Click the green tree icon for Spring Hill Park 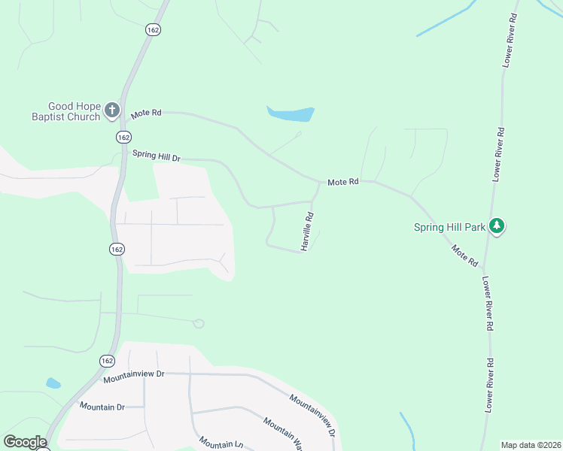[x=496, y=225]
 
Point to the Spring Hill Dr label [x=157, y=156]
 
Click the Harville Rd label [x=307, y=231]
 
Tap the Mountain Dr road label [x=102, y=407]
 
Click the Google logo [x=25, y=442]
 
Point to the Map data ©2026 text [x=530, y=445]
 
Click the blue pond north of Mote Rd [x=291, y=114]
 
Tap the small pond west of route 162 [x=53, y=383]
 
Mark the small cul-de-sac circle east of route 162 [x=199, y=323]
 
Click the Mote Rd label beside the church [x=146, y=114]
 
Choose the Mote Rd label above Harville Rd [x=342, y=183]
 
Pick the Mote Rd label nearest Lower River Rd [x=464, y=256]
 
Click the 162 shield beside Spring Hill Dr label [x=124, y=137]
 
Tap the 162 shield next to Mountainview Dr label [x=107, y=361]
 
